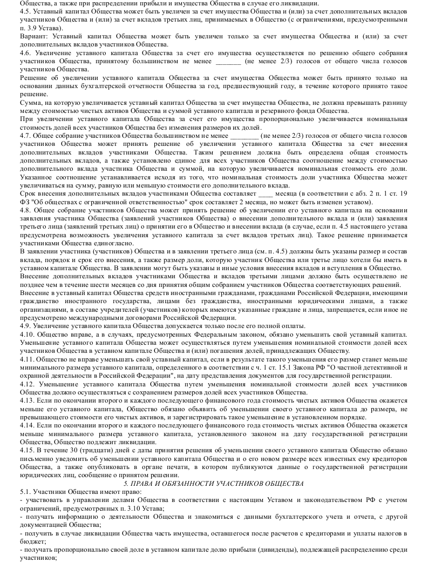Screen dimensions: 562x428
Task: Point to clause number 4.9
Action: pyautogui.click(x=25, y=326)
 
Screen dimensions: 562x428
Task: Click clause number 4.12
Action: pyautogui.click(x=27, y=384)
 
